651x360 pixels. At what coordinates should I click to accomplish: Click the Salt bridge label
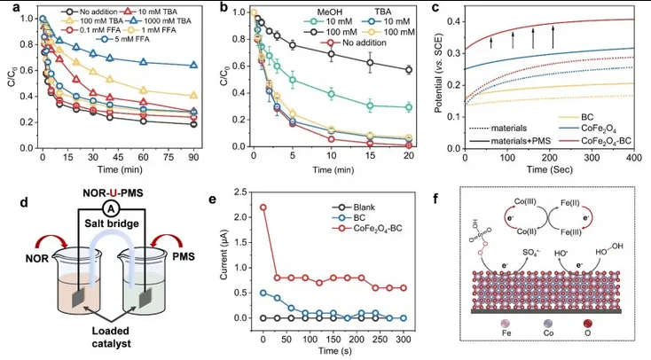coord(107,230)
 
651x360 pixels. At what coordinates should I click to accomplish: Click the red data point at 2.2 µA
coord(263,207)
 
